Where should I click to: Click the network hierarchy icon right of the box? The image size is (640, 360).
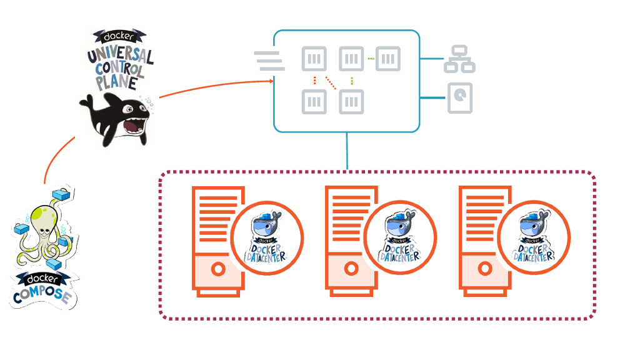460,59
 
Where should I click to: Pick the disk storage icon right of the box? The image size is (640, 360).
460,98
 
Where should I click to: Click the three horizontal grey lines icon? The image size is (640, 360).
269,61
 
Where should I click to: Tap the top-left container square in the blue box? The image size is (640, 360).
314,59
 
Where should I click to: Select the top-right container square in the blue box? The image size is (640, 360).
388,59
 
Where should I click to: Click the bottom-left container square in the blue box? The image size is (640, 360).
314,101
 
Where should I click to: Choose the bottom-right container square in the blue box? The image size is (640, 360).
351,101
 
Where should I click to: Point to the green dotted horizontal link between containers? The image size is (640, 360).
370,59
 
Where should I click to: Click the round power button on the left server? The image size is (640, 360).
217,269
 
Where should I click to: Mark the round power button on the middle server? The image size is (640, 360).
351,269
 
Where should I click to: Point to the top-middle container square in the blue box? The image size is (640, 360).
351,59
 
